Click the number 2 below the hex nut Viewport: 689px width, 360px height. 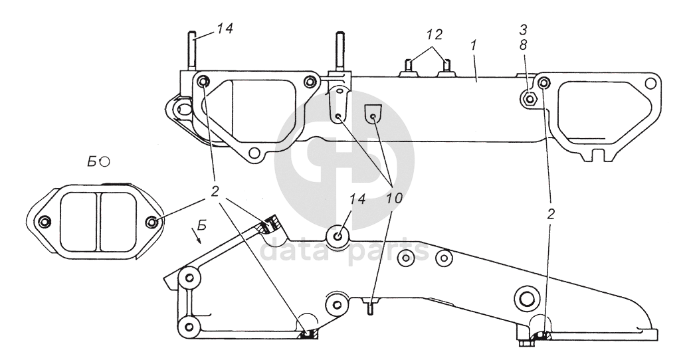(550, 213)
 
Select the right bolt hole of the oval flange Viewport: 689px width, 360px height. (152, 222)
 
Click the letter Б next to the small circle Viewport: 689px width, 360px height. (92, 162)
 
